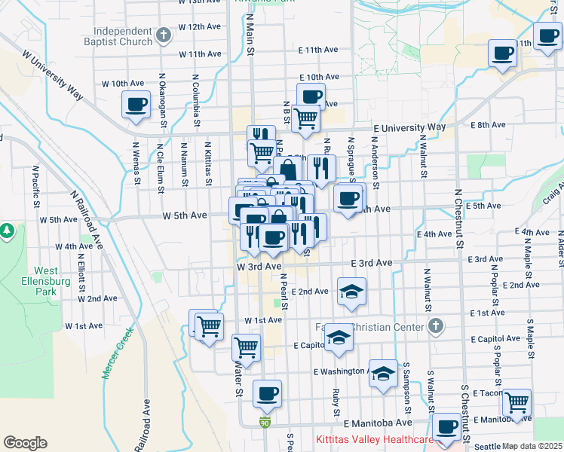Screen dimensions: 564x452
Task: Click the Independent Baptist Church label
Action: (x=124, y=36)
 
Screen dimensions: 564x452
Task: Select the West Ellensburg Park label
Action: (x=46, y=281)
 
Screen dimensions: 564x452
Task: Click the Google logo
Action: (x=25, y=443)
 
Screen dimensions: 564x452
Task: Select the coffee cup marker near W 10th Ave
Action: (x=136, y=105)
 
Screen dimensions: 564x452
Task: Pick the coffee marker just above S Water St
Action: (x=266, y=392)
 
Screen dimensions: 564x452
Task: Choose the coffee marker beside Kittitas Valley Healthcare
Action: (x=446, y=426)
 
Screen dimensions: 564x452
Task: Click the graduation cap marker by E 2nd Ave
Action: (x=351, y=292)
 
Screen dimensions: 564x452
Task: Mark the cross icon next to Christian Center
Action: (x=434, y=325)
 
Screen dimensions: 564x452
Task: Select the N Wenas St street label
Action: (x=136, y=164)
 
